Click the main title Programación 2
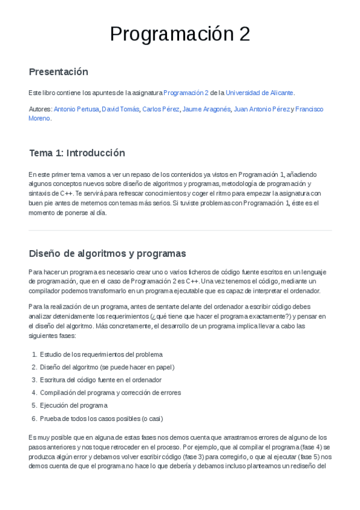[180, 34]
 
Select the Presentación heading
[58, 72]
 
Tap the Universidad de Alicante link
[260, 93]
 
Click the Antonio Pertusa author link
[76, 109]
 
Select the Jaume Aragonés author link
[206, 109]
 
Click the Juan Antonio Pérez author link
[261, 109]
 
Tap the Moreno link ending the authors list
[40, 118]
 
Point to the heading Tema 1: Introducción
[77, 153]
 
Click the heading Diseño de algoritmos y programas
[108, 253]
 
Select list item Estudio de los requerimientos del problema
[101, 354]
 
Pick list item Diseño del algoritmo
[107, 367]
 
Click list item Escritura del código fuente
[100, 379]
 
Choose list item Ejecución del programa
[73, 405]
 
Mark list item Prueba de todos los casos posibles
[101, 418]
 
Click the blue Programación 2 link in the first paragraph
[186, 93]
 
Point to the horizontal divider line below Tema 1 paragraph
[180, 230]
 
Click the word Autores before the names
[40, 109]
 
